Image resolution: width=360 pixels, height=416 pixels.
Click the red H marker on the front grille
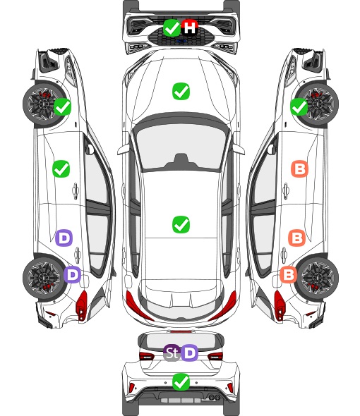(190, 27)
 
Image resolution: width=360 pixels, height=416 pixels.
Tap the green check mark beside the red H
(172, 27)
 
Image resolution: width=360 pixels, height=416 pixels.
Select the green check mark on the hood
(181, 92)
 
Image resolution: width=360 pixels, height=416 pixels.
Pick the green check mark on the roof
(181, 224)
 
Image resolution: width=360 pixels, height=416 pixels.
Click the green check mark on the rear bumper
(181, 382)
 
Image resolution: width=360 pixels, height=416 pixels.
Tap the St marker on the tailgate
(172, 353)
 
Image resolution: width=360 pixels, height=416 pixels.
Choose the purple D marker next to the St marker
(190, 353)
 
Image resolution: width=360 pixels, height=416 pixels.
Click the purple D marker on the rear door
(64, 238)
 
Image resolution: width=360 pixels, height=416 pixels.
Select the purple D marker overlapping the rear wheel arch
(72, 274)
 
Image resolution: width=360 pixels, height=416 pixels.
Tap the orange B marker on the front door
(300, 169)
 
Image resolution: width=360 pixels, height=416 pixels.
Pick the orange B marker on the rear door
(296, 238)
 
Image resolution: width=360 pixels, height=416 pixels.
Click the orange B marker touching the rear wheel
(289, 274)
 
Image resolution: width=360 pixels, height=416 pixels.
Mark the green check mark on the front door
(61, 169)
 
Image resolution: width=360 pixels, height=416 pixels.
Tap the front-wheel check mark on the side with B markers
(299, 106)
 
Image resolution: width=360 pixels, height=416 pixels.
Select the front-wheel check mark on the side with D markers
(62, 106)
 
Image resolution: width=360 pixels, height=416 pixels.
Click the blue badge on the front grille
(181, 41)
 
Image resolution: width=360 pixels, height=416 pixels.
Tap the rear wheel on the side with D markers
(43, 278)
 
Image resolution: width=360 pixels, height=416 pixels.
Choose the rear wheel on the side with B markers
(318, 278)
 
